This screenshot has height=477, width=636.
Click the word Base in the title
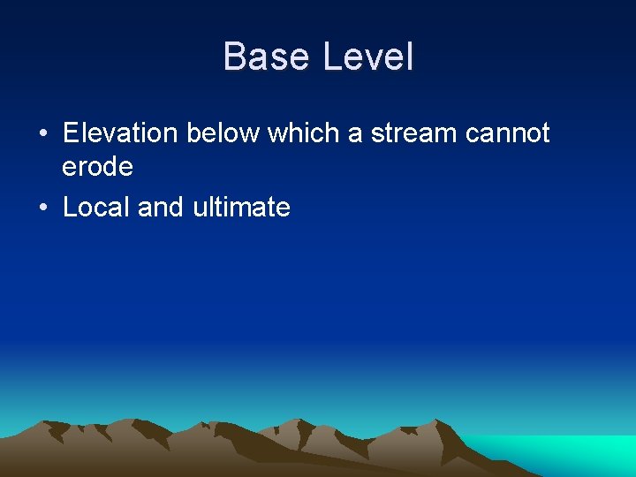tap(268, 57)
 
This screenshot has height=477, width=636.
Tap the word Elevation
tap(121, 133)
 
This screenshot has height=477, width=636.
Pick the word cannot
tap(507, 133)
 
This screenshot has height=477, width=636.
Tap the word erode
tap(97, 166)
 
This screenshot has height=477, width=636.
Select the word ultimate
tap(241, 208)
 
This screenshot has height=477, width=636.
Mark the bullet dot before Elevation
tap(43, 134)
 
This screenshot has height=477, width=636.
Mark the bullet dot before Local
tap(43, 208)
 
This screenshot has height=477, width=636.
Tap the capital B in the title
tap(236, 57)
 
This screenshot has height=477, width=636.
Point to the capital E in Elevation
tap(72, 133)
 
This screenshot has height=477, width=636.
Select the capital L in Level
tap(332, 57)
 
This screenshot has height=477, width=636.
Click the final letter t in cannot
tap(545, 133)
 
